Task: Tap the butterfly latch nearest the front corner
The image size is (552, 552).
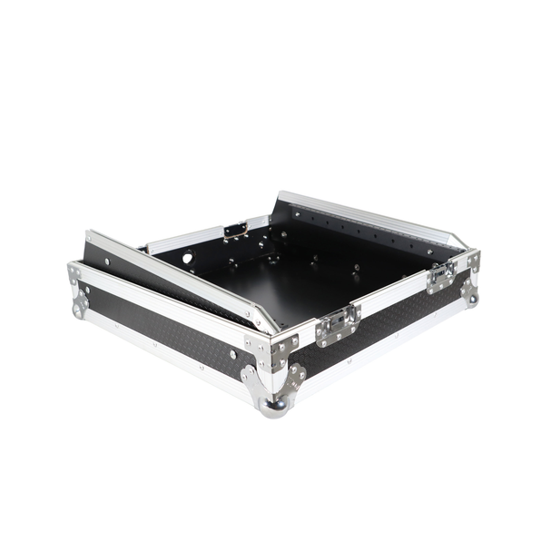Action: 337,324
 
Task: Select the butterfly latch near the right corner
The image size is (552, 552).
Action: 442,275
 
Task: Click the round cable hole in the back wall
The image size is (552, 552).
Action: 188,258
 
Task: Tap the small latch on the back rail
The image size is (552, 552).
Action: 236,231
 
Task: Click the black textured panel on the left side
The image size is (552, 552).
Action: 163,331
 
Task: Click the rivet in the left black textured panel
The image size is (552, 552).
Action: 202,366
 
